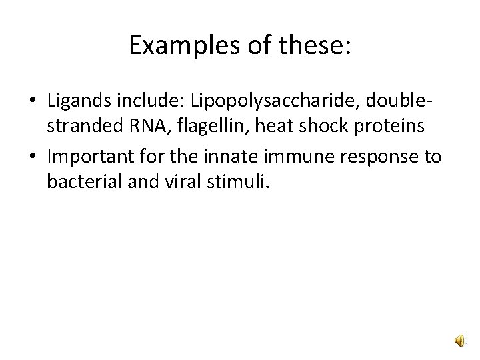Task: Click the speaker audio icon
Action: (461, 341)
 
